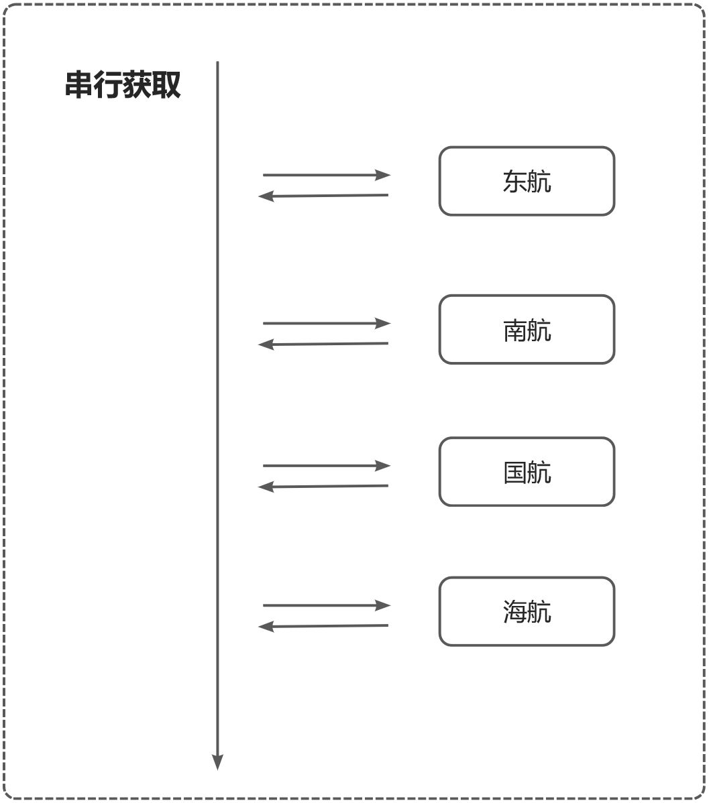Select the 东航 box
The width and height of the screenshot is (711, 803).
pyautogui.click(x=527, y=181)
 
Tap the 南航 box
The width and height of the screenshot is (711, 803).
pyautogui.click(x=527, y=330)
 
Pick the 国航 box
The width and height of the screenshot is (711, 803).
pyautogui.click(x=527, y=472)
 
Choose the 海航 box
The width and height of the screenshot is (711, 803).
pyautogui.click(x=527, y=611)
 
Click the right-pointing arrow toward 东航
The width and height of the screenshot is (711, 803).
pyautogui.click(x=326, y=175)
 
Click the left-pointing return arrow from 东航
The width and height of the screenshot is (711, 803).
pyautogui.click(x=323, y=196)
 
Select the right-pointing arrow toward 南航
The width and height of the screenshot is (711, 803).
pyautogui.click(x=326, y=323)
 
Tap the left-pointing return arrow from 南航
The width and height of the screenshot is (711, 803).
pyautogui.click(x=323, y=344)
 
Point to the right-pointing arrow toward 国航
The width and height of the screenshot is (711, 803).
pyautogui.click(x=326, y=465)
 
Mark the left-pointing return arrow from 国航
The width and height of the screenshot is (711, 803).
pyautogui.click(x=323, y=487)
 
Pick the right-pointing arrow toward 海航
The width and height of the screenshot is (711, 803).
pyautogui.click(x=326, y=605)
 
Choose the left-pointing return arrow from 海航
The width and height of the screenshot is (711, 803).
pyautogui.click(x=323, y=626)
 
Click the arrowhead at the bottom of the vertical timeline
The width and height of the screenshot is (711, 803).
pyautogui.click(x=217, y=761)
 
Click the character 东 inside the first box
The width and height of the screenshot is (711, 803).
pyautogui.click(x=514, y=182)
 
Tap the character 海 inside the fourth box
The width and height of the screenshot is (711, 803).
pyautogui.click(x=514, y=612)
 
